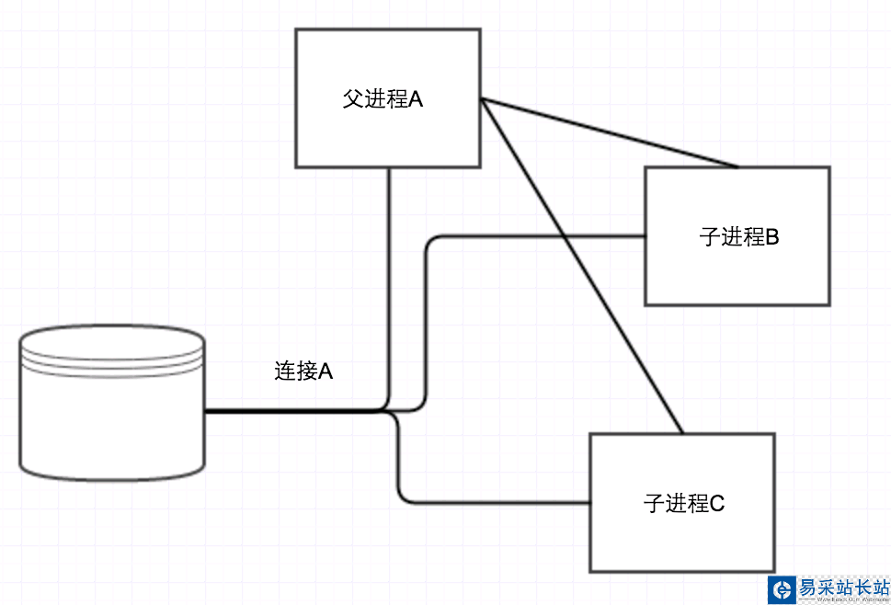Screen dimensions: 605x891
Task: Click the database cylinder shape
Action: [111, 414]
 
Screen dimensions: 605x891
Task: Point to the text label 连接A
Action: [303, 371]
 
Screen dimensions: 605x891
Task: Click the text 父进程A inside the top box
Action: [383, 99]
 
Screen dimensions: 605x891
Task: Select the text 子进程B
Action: [739, 236]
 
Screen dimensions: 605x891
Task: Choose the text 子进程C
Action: [684, 503]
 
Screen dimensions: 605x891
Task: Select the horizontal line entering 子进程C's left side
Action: [497, 503]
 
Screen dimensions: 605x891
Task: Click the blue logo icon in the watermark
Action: [782, 588]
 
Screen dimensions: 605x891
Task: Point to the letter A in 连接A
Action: [325, 371]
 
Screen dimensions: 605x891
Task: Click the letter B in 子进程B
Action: [772, 236]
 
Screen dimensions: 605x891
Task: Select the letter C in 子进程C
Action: [717, 503]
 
